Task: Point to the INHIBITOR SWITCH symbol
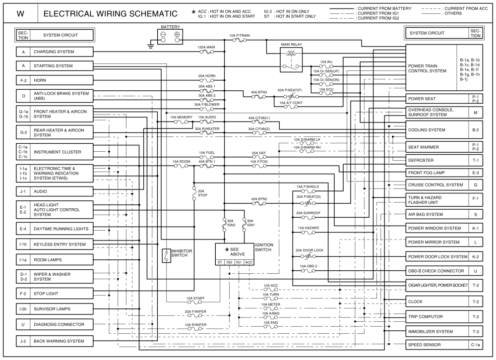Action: pos(166,255)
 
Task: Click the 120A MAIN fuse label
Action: pos(206,48)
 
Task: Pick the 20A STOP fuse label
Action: pos(201,193)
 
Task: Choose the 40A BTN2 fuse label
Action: pos(259,199)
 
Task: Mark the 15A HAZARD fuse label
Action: pos(308,228)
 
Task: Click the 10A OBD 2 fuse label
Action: pos(308,266)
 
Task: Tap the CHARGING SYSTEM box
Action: pos(63,52)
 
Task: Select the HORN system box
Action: pos(63,79)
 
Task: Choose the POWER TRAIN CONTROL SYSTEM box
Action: pos(431,67)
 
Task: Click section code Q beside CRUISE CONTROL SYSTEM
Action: pos(475,185)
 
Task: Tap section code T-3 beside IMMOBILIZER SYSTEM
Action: pos(475,331)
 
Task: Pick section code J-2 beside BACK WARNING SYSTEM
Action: pos(23,341)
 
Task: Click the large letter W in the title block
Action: pos(20,14)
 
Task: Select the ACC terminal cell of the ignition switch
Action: pos(249,262)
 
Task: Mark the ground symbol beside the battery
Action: pos(150,46)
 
